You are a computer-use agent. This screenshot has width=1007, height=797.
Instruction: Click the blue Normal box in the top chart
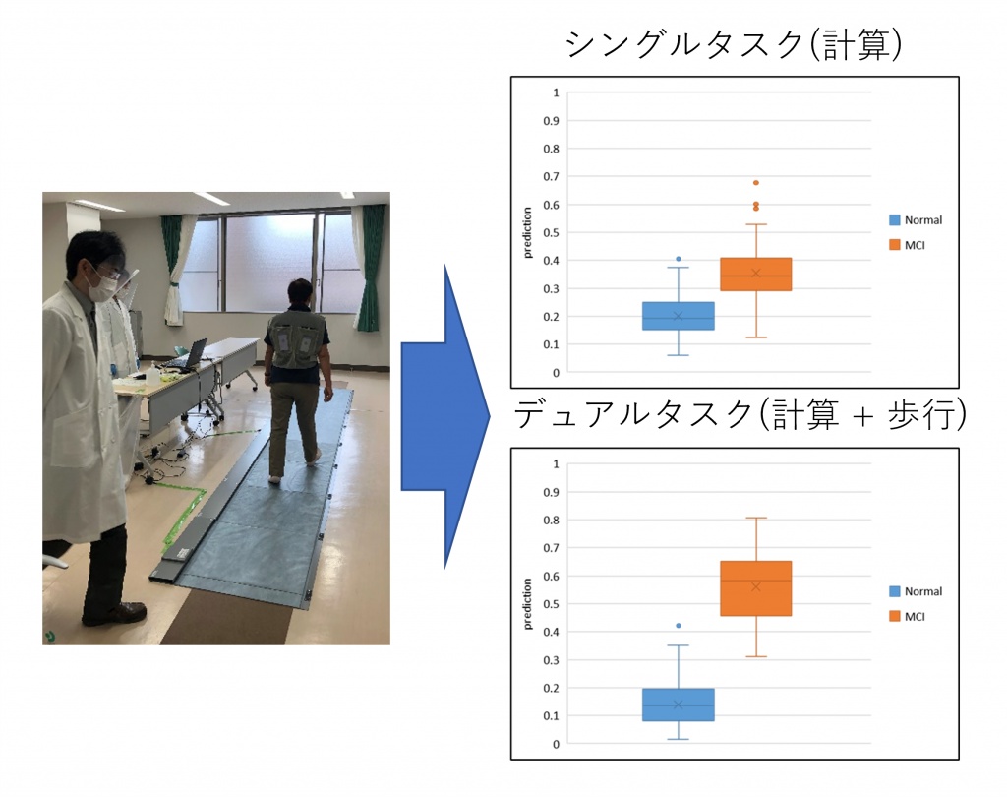(679, 316)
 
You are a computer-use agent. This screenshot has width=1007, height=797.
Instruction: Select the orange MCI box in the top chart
(756, 275)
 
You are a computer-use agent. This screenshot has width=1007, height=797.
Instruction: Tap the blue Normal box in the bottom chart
(679, 705)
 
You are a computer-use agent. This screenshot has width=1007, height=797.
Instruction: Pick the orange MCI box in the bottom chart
(756, 588)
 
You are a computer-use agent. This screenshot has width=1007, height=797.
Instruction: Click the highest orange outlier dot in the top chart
(756, 183)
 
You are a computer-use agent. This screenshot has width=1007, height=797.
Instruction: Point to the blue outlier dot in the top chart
(679, 259)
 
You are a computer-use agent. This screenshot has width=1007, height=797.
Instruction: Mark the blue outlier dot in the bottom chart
(679, 626)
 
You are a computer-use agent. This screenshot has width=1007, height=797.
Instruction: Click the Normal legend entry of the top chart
(916, 219)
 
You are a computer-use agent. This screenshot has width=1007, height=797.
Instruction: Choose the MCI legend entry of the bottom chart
(907, 616)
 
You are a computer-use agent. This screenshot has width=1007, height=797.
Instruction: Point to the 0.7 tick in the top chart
(551, 176)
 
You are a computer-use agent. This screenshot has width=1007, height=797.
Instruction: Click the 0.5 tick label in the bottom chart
(551, 604)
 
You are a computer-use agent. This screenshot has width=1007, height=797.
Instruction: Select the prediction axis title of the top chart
(528, 232)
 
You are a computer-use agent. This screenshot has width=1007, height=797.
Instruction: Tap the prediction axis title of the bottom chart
(528, 604)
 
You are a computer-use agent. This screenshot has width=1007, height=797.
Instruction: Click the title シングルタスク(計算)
(734, 44)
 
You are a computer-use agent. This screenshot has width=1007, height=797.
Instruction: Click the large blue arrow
(445, 416)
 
